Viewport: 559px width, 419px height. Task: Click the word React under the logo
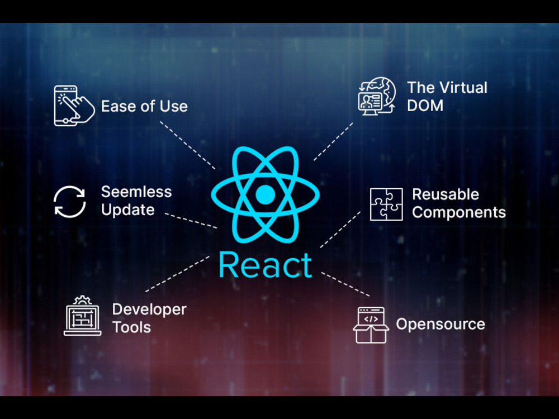265,265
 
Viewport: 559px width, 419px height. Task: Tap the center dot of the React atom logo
265,194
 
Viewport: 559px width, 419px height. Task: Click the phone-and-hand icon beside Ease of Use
74,106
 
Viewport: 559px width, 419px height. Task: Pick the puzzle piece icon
386,204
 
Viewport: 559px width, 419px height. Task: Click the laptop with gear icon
82,316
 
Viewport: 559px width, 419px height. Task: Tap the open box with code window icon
371,325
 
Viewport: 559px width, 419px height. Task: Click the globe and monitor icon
377,96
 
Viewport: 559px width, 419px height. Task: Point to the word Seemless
136,192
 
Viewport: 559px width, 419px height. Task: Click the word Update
128,210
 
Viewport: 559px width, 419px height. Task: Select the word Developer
149,310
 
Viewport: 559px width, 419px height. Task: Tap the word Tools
131,327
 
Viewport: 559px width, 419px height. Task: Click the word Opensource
440,324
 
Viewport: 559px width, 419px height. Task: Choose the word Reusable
446,194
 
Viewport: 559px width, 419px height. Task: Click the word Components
459,212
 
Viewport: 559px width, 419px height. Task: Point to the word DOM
425,106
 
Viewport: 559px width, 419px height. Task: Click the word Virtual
462,88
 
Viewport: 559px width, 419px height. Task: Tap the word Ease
115,106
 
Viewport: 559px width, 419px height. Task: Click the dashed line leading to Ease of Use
187,145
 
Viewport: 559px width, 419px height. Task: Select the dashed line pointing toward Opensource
345,284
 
